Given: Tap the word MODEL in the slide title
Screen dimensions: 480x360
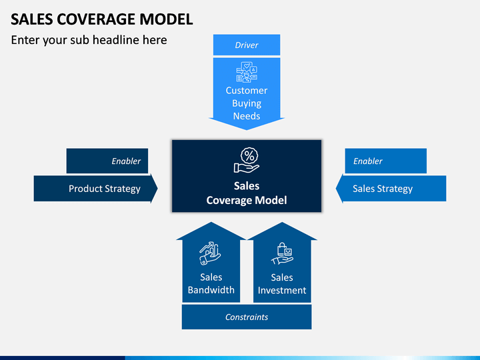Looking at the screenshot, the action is click(166, 19).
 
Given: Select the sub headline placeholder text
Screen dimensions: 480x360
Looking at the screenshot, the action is click(89, 40).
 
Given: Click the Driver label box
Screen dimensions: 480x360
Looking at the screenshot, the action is click(247, 45).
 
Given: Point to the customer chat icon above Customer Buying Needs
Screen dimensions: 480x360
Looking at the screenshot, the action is click(247, 72).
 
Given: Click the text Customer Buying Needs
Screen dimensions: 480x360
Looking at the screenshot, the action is click(247, 103).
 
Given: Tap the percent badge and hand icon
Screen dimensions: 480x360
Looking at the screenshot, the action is click(247, 160).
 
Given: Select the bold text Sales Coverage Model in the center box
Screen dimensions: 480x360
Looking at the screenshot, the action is click(247, 193).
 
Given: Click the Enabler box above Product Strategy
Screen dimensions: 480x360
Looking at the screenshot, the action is click(107, 161).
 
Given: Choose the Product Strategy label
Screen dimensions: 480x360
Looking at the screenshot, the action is click(105, 189).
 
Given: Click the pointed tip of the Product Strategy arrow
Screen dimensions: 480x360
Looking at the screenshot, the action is click(157, 189).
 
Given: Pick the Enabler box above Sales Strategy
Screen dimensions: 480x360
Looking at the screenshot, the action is click(386, 161).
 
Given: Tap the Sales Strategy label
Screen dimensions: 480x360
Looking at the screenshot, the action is click(383, 189).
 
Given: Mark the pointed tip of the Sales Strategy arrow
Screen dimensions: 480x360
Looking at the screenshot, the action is click(336, 189).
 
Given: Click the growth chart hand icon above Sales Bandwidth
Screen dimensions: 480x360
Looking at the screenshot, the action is click(210, 253).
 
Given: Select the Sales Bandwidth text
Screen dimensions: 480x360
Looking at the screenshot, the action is click(211, 283).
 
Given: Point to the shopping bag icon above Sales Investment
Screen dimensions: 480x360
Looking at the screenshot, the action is click(282, 254).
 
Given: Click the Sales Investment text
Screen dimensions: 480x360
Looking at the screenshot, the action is click(282, 284).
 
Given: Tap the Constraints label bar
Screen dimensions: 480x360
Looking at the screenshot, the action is click(247, 317).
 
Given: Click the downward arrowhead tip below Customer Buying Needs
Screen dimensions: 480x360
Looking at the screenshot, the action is click(247, 130).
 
